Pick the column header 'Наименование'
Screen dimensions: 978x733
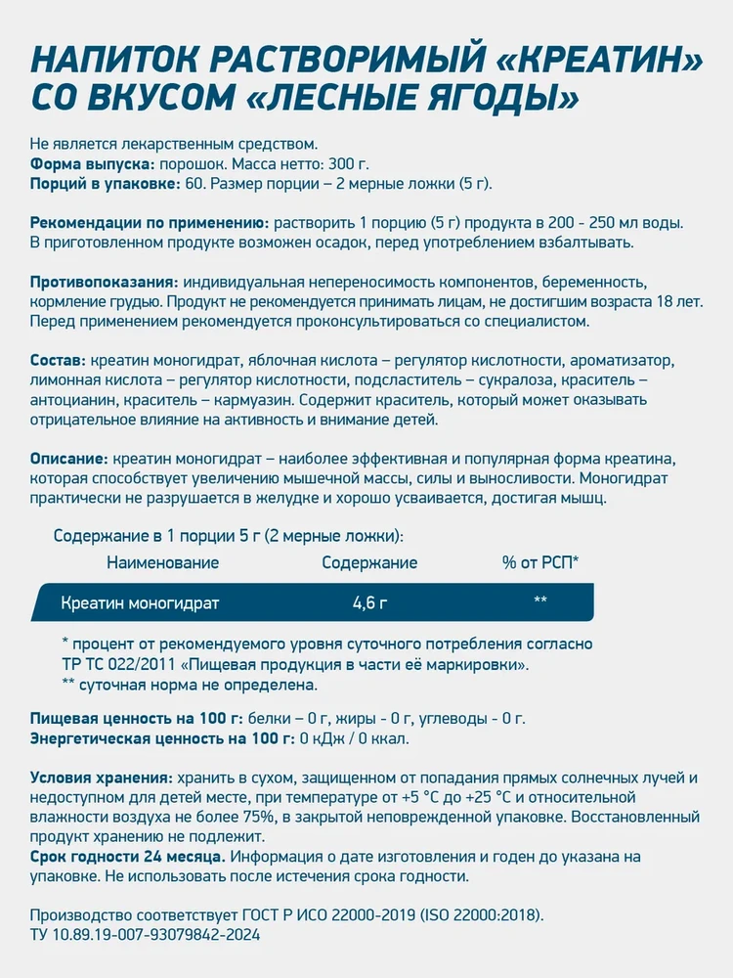[x=162, y=562]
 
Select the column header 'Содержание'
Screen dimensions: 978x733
[x=369, y=562]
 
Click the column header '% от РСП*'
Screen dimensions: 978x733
[x=540, y=562]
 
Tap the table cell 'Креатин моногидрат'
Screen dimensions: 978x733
[x=140, y=603]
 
